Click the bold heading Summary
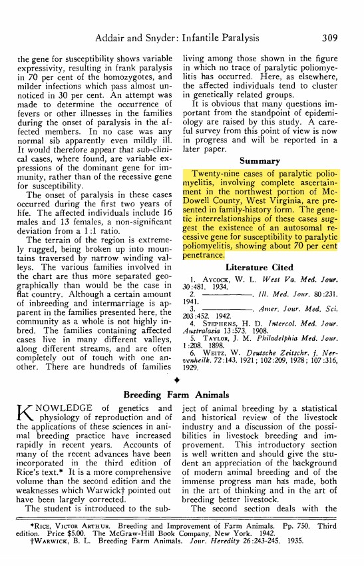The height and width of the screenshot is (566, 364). coord(260,160)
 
